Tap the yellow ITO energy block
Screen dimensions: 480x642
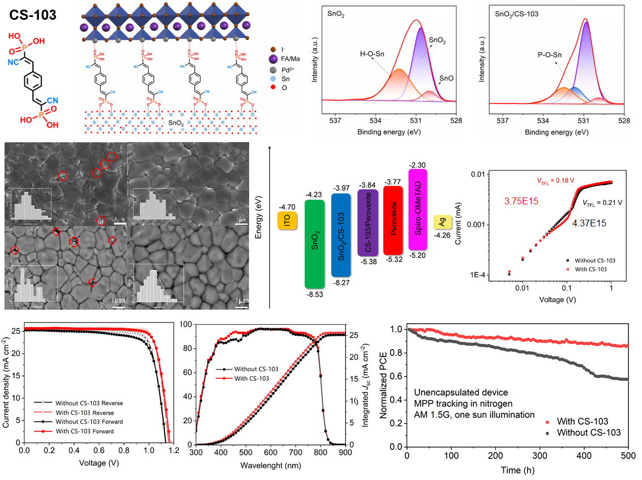(286, 221)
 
